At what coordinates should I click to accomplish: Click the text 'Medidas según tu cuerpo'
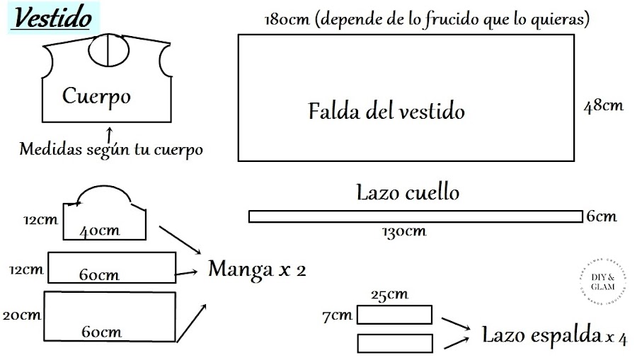[x=111, y=150]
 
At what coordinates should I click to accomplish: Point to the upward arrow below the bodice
[x=109, y=134]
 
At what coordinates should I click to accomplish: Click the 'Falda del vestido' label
[x=386, y=112]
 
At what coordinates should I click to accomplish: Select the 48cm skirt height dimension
[x=603, y=106]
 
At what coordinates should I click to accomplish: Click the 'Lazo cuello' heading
[x=408, y=192]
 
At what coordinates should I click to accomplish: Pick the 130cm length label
[x=404, y=231]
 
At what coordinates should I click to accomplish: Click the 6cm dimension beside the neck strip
[x=602, y=216]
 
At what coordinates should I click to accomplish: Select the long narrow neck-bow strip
[x=415, y=216]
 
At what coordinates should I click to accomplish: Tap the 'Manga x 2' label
[x=257, y=269]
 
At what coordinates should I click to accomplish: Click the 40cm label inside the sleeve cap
[x=99, y=231]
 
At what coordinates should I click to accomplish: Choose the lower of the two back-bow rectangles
[x=394, y=343]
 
